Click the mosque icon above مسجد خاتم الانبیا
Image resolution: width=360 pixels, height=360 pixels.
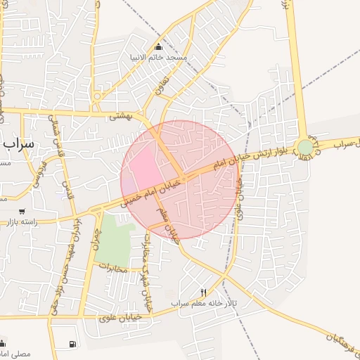[x=158, y=46]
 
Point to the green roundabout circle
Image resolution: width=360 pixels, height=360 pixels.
[x=305, y=147]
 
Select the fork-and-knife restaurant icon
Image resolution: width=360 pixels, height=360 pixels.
[x=204, y=292]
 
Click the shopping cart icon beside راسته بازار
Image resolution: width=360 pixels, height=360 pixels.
[x=22, y=211]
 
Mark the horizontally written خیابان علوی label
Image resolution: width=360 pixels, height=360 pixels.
[x=123, y=318]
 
